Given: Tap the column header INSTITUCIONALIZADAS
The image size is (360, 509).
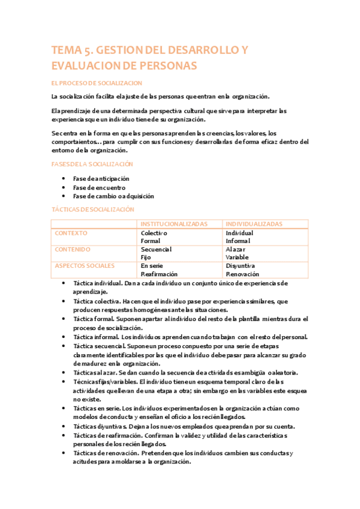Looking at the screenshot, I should (x=174, y=224).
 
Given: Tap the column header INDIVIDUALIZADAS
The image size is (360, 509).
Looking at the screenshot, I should (x=254, y=224).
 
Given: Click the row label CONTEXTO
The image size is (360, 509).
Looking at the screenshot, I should (x=71, y=233).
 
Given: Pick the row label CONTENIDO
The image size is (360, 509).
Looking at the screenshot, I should (x=73, y=249).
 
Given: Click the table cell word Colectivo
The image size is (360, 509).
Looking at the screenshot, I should (x=154, y=233).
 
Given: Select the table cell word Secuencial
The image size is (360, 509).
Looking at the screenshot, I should (x=156, y=249).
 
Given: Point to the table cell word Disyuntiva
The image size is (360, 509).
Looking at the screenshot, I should (x=241, y=265).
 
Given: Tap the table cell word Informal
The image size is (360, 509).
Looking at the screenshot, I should (x=238, y=241).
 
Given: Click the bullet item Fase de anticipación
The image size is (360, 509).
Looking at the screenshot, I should (x=101, y=179).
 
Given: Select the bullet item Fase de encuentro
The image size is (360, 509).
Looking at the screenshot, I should (x=99, y=187).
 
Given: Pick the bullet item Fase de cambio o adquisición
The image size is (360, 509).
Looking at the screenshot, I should (x=113, y=196).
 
